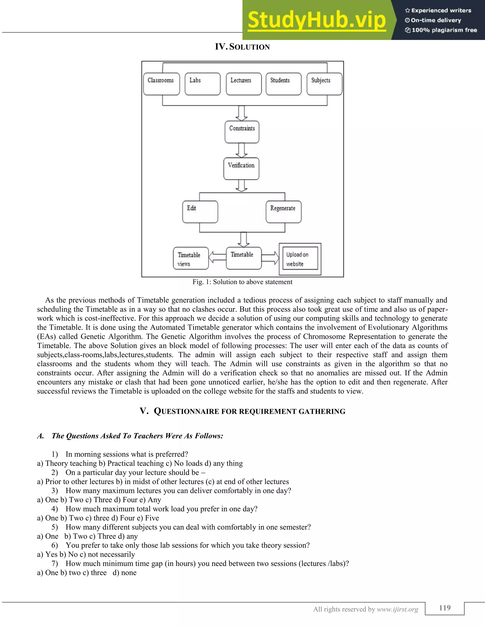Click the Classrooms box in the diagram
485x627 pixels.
[162, 84]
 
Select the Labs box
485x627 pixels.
[202, 84]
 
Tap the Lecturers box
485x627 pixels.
[244, 84]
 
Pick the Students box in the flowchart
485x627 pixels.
[283, 84]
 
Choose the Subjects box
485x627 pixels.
[324, 84]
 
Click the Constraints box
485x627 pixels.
[242, 132]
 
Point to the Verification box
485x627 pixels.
[241, 168]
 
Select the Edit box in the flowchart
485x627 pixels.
[200, 212]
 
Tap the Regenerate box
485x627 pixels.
[283, 212]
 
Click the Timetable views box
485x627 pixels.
[191, 258]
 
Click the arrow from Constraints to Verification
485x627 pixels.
[242, 150]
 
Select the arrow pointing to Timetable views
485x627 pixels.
[217, 257]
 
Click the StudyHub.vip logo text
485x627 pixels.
[317, 20]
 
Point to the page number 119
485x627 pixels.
[445, 608]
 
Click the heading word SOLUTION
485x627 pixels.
[249, 47]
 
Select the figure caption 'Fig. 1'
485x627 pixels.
[242, 282]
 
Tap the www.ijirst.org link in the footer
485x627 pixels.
[397, 609]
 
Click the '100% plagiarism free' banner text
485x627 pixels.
[441, 30]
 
